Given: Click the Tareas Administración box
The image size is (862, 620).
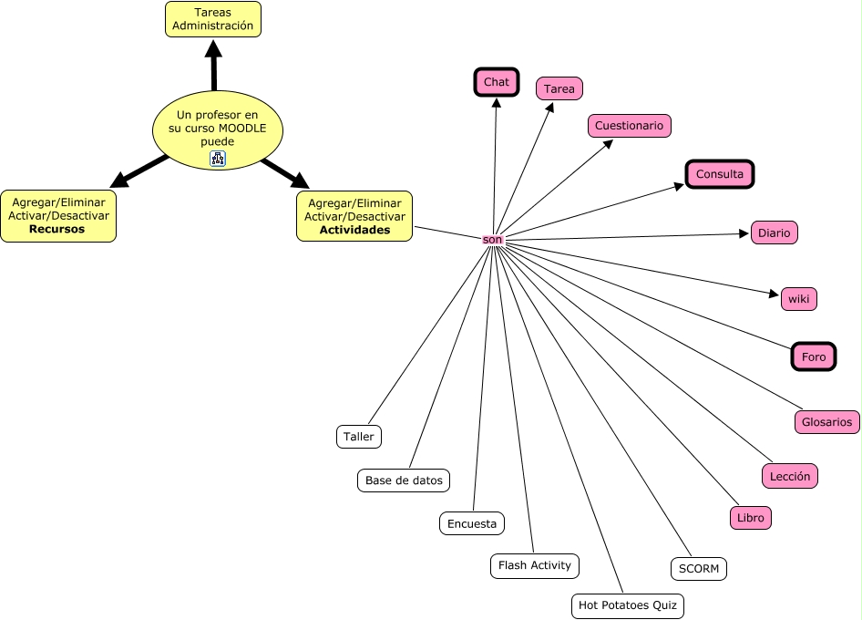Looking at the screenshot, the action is (x=212, y=19).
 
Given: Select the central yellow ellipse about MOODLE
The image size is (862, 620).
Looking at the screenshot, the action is (x=217, y=130).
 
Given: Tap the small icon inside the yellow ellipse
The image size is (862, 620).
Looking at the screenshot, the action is (x=218, y=159).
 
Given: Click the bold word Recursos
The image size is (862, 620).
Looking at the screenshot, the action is (x=57, y=229).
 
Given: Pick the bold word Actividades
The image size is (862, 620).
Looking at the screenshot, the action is (x=354, y=230).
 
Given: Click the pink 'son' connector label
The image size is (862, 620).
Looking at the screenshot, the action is (x=492, y=240).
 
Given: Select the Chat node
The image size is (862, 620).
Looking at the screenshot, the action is (x=497, y=82).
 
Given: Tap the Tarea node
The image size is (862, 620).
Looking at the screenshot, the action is (x=559, y=88).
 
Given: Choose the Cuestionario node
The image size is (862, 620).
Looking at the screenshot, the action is (x=629, y=126).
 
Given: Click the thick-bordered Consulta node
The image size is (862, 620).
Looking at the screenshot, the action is (x=720, y=174).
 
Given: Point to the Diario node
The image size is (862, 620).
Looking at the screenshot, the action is (x=774, y=232).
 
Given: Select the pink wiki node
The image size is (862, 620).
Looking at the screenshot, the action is (x=799, y=299).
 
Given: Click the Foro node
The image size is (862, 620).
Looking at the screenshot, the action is (x=814, y=356).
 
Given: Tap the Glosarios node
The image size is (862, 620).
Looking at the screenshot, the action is (x=826, y=422).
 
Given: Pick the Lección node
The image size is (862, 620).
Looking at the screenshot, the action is (x=790, y=477).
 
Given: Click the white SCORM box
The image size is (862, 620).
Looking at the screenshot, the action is (x=699, y=569).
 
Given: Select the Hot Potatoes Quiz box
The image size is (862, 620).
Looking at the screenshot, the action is (x=628, y=605).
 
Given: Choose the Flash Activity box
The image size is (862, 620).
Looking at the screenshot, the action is (x=535, y=565).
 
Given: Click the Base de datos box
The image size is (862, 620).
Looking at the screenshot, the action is (x=404, y=480).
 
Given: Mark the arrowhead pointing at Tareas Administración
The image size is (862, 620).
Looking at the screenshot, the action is (x=213, y=48).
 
